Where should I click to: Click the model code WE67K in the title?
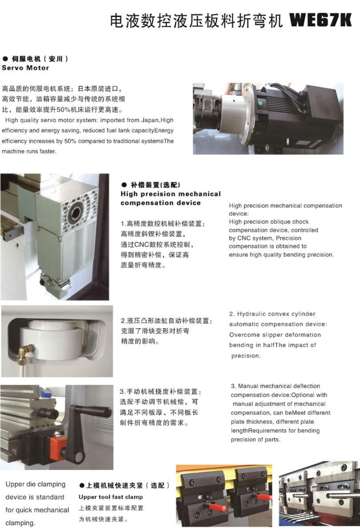[320, 20]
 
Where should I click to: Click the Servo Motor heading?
[25, 68]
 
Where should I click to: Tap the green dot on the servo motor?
[260, 102]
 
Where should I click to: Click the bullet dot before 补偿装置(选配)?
[124, 185]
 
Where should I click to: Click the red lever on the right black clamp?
[263, 496]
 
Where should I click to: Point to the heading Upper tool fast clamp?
[111, 497]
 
